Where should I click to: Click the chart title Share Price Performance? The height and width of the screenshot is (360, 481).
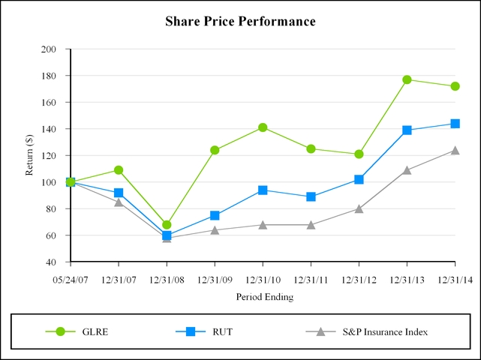click(240, 22)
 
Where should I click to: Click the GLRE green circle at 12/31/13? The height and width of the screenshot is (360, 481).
click(407, 79)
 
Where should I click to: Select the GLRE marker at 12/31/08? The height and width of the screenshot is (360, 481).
click(167, 225)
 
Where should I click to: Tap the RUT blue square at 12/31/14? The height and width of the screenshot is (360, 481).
click(455, 124)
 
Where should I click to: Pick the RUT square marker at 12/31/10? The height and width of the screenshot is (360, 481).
click(263, 190)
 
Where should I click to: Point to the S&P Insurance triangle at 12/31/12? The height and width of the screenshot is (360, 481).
click(359, 208)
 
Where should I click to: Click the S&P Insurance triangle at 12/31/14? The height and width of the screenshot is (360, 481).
click(455, 150)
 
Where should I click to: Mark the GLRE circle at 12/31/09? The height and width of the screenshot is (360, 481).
click(215, 150)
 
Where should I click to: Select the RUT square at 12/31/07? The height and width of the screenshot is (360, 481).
click(119, 193)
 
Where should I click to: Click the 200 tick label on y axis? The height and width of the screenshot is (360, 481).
click(50, 49)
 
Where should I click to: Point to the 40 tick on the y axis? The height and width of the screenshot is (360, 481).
click(52, 262)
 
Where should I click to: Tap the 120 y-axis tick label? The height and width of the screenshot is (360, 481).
click(50, 156)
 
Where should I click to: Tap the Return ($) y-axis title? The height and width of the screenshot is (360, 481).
click(30, 155)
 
